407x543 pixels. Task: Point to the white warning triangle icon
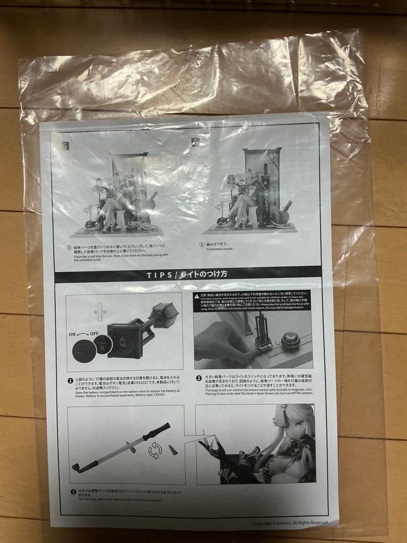pyautogui.click(x=197, y=296)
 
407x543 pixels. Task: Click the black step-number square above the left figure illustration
pyautogui.click(x=65, y=146)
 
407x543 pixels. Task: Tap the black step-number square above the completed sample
pyautogui.click(x=195, y=142)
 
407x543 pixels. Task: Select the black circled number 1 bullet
pyautogui.click(x=70, y=381)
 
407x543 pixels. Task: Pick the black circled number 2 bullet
pyautogui.click(x=199, y=378)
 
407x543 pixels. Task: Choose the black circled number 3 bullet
pyautogui.click(x=73, y=493)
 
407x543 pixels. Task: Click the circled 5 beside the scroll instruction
pyautogui.click(x=69, y=248)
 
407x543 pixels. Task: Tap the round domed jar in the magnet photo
pyautogui.click(x=290, y=340)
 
